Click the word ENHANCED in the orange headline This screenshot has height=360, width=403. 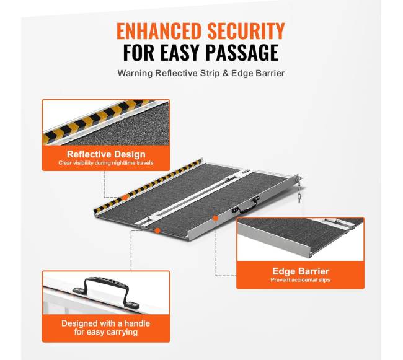tap(159, 31)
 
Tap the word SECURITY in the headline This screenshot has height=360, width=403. tap(246, 31)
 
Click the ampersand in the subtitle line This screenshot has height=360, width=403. tap(226, 73)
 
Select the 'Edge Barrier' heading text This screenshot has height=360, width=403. tap(301, 271)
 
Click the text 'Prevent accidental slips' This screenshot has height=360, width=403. tap(300, 280)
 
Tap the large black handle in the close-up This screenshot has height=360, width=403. tap(106, 291)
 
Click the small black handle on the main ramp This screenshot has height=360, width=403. tap(246, 205)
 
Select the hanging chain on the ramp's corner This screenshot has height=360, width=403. tap(299, 189)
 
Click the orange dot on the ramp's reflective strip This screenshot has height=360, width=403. tap(125, 198)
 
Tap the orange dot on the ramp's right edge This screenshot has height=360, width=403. tap(215, 218)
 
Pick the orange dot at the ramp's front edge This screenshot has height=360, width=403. tap(157, 230)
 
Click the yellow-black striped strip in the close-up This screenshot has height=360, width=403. tap(98, 120)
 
